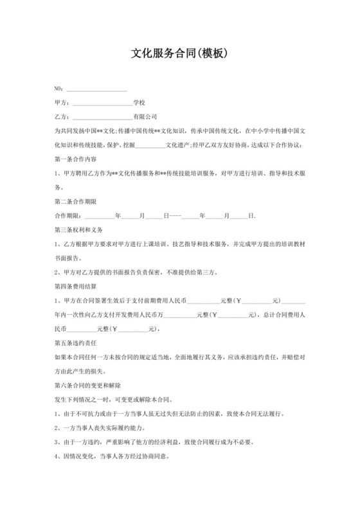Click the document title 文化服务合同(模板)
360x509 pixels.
[x=180, y=54]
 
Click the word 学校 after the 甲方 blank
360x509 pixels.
[x=139, y=102]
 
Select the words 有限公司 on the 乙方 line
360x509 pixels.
[x=145, y=116]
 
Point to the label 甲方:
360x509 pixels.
[x=62, y=102]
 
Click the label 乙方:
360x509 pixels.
[x=62, y=116]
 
